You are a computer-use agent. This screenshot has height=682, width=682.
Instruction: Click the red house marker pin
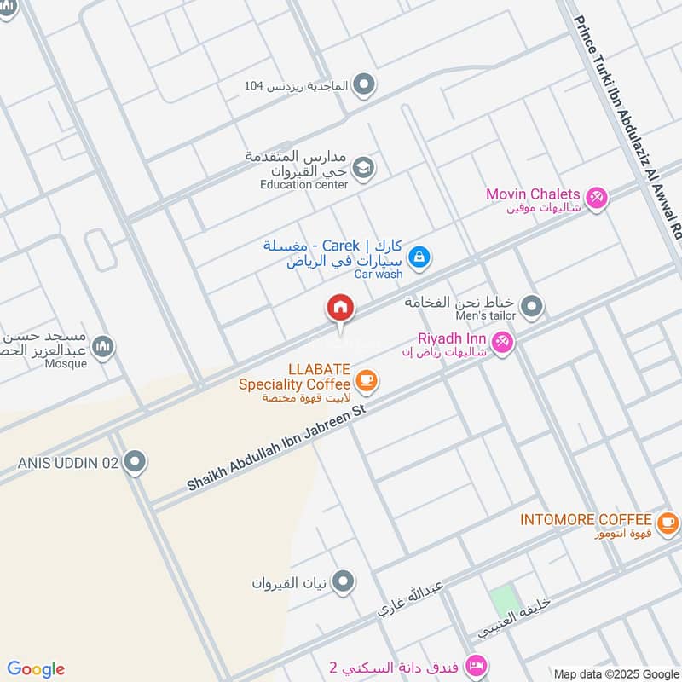[339, 308]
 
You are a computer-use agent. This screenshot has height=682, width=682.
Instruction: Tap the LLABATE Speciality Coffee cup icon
[367, 380]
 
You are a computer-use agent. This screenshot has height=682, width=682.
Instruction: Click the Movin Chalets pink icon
[597, 198]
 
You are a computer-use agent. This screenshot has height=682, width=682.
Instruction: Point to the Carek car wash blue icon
[418, 256]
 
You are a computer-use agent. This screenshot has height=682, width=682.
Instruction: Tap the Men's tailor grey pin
[532, 306]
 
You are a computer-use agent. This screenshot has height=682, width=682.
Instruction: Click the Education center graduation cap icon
[363, 167]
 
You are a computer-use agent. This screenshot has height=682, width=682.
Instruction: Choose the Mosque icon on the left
[103, 346]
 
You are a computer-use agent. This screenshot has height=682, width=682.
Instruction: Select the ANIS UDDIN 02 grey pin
[134, 463]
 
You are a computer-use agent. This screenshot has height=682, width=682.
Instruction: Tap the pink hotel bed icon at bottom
[477, 664]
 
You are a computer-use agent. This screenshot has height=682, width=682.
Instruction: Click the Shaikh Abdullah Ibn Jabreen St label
[276, 448]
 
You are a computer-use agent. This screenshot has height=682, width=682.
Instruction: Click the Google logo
[36, 669]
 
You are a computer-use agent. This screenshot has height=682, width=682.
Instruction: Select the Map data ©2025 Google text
[616, 673]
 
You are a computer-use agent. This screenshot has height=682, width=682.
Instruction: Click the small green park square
[504, 601]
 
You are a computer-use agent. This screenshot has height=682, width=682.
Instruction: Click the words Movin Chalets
[533, 194]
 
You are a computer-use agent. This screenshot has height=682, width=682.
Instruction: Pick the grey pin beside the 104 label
[364, 85]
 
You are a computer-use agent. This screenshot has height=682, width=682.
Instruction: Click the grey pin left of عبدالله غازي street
[344, 581]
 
